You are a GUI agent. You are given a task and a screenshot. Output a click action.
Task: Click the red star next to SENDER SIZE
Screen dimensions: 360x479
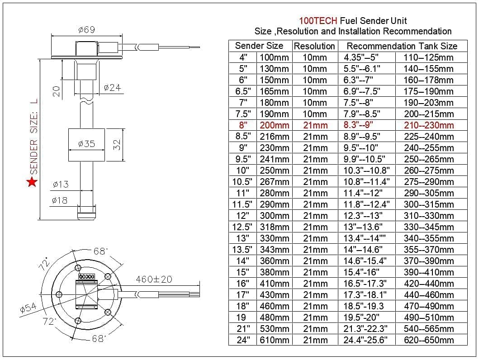tap(32, 182)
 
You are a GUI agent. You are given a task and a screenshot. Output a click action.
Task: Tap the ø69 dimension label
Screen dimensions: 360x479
tap(86, 30)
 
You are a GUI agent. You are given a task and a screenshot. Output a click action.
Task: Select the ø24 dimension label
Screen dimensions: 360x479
tap(112, 87)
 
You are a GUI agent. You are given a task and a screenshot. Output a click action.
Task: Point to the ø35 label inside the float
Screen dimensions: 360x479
tap(86, 144)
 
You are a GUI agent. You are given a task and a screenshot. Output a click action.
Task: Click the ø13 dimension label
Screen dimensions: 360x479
tap(60, 184)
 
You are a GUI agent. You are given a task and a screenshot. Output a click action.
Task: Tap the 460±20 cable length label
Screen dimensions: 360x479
tap(154, 279)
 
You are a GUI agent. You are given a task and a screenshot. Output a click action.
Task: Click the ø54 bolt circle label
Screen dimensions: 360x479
tap(28, 308)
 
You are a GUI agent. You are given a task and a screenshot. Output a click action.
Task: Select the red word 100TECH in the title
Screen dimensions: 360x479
tap(318, 21)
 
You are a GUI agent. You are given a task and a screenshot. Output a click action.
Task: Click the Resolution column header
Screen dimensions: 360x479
tap(314, 46)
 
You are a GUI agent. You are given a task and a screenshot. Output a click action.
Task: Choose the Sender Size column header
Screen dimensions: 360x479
tap(259, 46)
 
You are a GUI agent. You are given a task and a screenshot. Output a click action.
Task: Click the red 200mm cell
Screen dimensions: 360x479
tap(275, 125)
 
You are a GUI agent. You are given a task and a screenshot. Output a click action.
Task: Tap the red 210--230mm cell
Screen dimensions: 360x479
tap(428, 125)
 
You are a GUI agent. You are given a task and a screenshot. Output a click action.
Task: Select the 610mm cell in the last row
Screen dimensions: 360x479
tap(275, 340)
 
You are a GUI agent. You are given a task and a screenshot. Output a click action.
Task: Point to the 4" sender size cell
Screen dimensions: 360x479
tap(243, 57)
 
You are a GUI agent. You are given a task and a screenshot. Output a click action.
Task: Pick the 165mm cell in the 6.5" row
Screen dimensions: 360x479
tap(275, 91)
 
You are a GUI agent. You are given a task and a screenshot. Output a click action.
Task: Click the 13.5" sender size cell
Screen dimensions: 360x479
tap(243, 250)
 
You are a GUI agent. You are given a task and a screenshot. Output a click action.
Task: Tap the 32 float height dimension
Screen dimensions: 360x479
tap(117, 144)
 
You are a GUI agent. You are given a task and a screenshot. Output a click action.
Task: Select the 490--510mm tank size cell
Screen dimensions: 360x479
tap(428, 317)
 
